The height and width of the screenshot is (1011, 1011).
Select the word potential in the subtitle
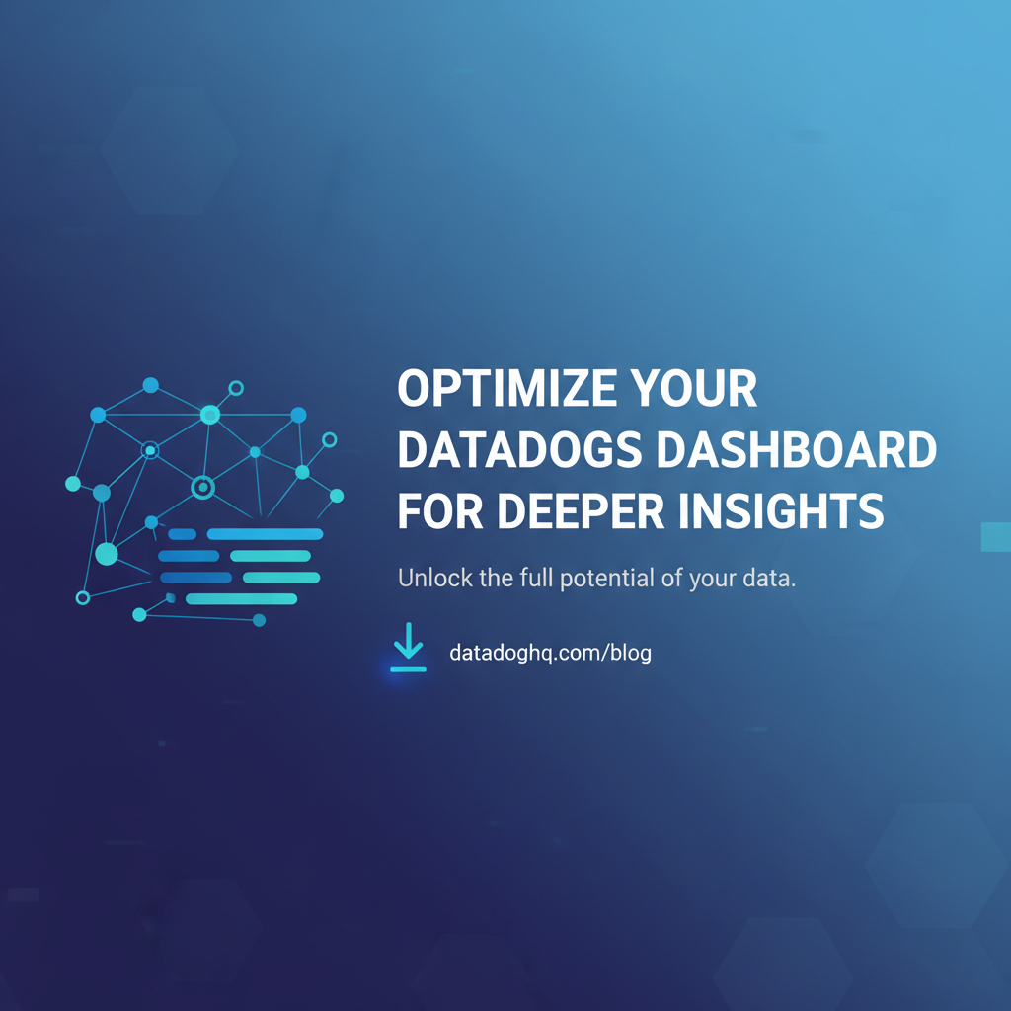[x=601, y=579]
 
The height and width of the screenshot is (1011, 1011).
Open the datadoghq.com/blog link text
[x=550, y=653]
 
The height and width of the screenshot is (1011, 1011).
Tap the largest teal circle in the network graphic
[x=107, y=554]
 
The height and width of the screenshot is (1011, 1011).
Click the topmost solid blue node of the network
[x=150, y=385]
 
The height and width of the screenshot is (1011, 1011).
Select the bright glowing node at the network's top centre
[x=209, y=415]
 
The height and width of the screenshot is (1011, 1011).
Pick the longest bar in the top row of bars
[x=265, y=534]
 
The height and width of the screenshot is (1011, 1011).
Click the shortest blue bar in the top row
[x=182, y=534]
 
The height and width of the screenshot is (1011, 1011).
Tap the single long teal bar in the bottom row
[x=241, y=598]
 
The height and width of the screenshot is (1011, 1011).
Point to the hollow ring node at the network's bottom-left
[x=83, y=597]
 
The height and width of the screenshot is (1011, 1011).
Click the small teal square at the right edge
[x=995, y=536]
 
